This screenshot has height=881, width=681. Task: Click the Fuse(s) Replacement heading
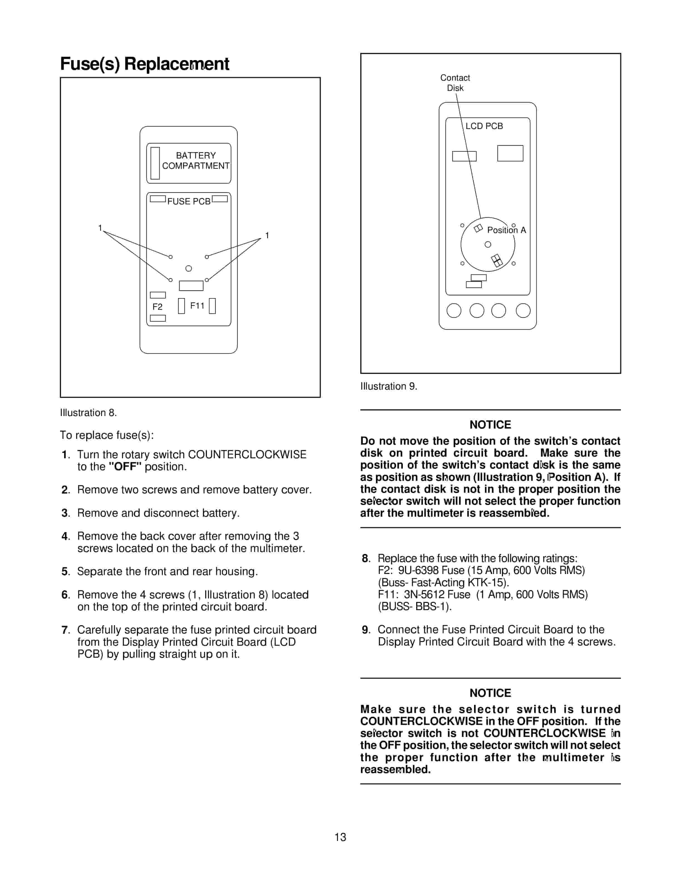144,64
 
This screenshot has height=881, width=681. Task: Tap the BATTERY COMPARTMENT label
196,160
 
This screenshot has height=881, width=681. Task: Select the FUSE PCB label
189,201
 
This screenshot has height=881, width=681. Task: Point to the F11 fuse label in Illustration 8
197,306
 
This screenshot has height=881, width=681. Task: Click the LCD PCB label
484,126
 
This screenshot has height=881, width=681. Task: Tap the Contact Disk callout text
455,83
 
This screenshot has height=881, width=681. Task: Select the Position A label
506,230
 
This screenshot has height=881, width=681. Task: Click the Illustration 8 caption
88,413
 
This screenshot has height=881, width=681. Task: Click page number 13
340,837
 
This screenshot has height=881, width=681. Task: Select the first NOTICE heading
490,424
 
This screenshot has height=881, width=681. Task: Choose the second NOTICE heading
490,693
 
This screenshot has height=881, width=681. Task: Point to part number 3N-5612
425,594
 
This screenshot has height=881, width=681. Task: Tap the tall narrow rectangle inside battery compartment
155,163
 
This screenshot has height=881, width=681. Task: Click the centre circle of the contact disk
488,244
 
